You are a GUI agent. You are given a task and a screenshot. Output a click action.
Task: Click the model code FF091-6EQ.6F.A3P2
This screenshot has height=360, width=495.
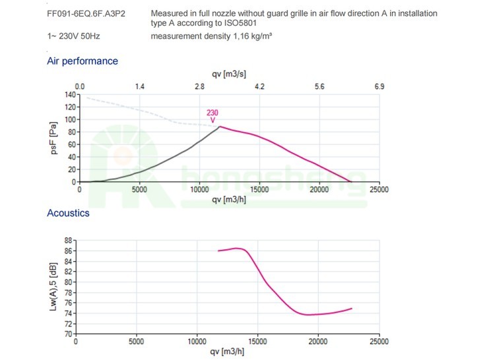point(77,13)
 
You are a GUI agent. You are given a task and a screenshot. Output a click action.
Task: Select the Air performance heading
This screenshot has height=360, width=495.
point(82,61)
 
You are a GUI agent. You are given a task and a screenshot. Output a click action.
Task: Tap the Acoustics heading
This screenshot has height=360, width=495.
point(68,213)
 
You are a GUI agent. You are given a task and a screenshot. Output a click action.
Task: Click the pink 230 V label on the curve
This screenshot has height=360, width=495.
point(213,116)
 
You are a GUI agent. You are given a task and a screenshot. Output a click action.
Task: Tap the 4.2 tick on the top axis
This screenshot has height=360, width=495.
point(259,86)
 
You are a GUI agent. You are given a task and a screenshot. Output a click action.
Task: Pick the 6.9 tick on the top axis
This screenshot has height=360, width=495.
point(379,86)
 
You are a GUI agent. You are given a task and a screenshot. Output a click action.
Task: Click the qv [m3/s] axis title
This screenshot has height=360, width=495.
point(230,75)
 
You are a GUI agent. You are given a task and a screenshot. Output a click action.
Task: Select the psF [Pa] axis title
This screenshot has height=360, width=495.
point(55,138)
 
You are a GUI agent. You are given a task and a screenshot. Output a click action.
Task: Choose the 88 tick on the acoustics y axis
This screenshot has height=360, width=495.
point(67,241)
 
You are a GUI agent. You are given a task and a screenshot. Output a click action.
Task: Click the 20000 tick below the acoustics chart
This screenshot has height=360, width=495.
point(318,342)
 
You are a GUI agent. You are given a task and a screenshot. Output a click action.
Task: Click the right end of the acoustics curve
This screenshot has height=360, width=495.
point(352,308)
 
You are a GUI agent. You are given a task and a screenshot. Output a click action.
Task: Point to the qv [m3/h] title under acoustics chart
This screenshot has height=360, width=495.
point(228,353)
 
